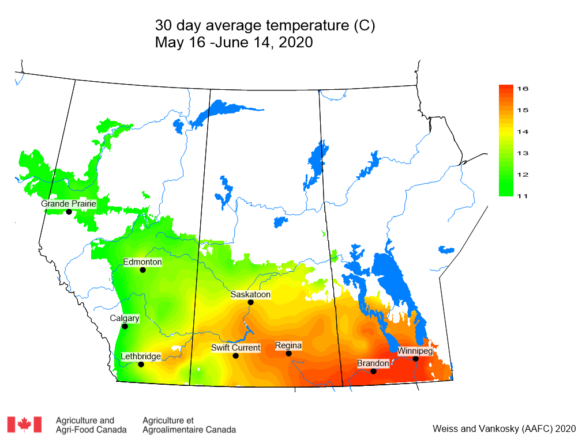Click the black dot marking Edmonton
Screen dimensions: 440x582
click(x=142, y=270)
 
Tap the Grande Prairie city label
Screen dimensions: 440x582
click(x=68, y=203)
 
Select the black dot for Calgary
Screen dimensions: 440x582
click(x=125, y=326)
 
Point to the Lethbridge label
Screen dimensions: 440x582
click(x=141, y=356)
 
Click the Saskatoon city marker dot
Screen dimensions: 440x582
click(x=250, y=302)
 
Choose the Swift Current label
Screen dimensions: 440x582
click(x=235, y=347)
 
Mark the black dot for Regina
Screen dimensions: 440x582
click(x=288, y=353)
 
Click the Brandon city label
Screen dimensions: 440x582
click(x=373, y=363)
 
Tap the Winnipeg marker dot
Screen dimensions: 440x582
click(x=415, y=358)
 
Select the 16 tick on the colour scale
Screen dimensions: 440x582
click(x=523, y=88)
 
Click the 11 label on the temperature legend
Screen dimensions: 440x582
click(x=523, y=196)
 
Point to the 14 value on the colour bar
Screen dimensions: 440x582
click(x=523, y=131)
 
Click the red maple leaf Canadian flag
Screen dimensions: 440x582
click(x=24, y=424)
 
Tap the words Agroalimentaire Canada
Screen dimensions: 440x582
click(x=189, y=430)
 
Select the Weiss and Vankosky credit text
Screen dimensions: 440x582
click(x=504, y=428)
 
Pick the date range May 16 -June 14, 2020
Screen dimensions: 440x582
click(x=234, y=43)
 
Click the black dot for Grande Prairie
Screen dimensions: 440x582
click(x=69, y=211)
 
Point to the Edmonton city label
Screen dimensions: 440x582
click(x=142, y=261)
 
